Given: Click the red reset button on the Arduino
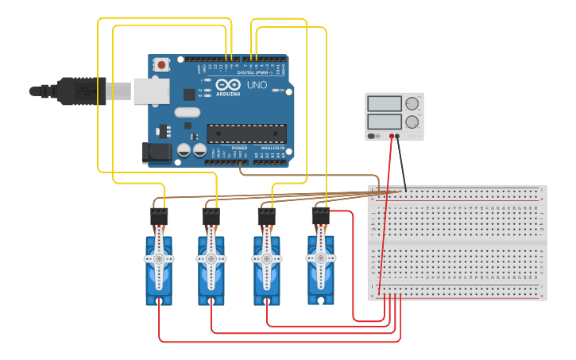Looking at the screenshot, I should pyautogui.click(x=162, y=64).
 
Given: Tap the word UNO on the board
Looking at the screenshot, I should pyautogui.click(x=257, y=85).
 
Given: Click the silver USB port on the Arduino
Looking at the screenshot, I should pyautogui.click(x=151, y=91).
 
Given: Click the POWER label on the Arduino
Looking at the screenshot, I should pyautogui.click(x=239, y=148).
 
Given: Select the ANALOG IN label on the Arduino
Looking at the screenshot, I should pyautogui.click(x=273, y=148).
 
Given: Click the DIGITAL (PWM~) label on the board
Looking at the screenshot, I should pyautogui.click(x=255, y=72).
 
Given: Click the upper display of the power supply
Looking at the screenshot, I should pyautogui.click(x=385, y=103).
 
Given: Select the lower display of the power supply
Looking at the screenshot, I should pyautogui.click(x=385, y=122).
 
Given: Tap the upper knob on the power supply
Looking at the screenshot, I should pyautogui.click(x=412, y=103).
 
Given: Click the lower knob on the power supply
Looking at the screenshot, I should pyautogui.click(x=412, y=122).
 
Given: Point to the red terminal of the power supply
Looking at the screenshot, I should pyautogui.click(x=392, y=136).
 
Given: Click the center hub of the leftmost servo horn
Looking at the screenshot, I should pyautogui.click(x=159, y=259).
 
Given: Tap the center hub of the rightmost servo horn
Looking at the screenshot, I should pyautogui.click(x=321, y=258).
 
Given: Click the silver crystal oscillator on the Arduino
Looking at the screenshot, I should pyautogui.click(x=187, y=112).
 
